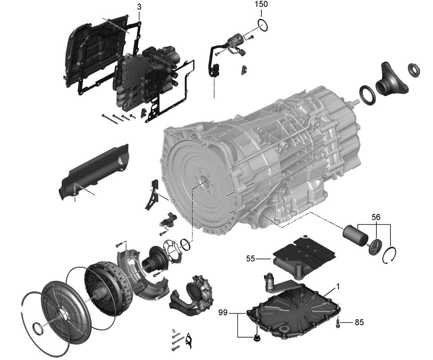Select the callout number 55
tap(250, 259)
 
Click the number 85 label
tap(359, 322)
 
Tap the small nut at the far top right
tap(413, 69)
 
